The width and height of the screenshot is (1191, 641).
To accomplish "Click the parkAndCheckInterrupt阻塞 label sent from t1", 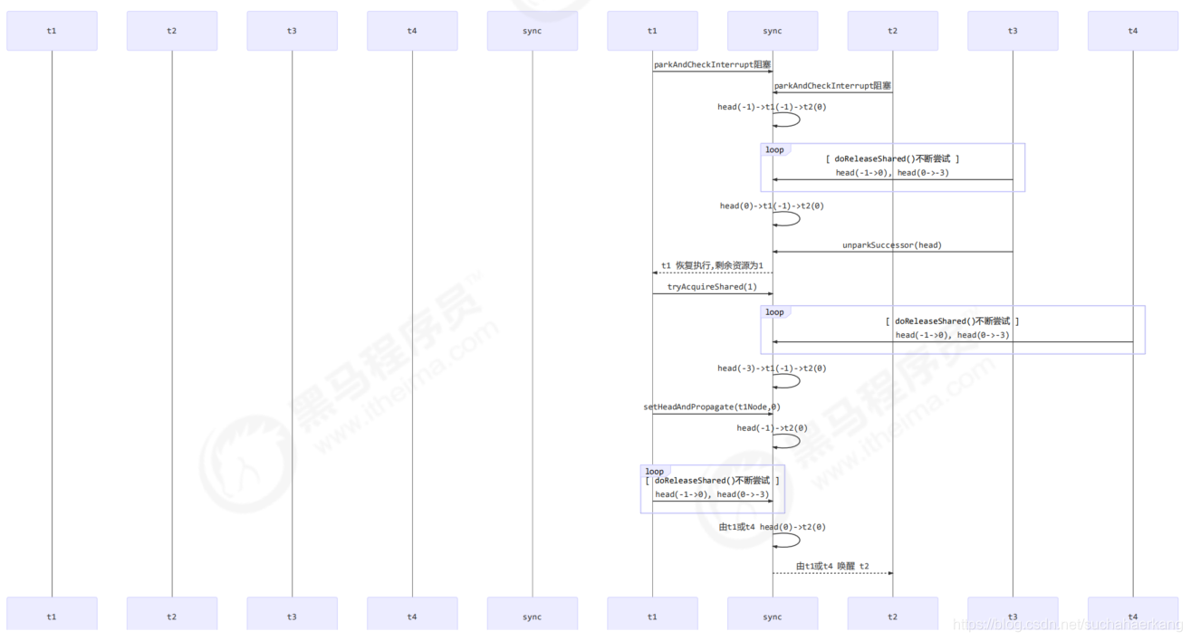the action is (x=712, y=64).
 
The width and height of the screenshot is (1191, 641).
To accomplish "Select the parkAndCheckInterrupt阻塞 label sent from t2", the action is (x=831, y=85).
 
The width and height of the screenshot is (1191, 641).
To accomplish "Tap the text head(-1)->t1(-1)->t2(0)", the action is (x=772, y=107).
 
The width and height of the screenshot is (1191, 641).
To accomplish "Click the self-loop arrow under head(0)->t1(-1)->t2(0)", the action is (x=788, y=218).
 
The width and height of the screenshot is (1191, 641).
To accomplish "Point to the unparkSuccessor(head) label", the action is (x=892, y=244).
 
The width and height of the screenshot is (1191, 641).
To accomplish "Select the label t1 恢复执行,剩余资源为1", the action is (x=712, y=265).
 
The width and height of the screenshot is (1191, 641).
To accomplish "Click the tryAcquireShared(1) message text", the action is (x=712, y=287).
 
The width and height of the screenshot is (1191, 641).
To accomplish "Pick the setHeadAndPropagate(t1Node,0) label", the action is (x=712, y=407).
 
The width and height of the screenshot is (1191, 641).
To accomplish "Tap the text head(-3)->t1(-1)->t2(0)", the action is (x=772, y=368).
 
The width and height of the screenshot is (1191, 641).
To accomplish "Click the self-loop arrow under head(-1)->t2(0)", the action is (x=788, y=441).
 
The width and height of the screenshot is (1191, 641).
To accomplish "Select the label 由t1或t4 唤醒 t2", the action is (x=832, y=566).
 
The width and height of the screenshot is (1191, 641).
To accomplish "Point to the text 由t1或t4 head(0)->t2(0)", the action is (x=772, y=527).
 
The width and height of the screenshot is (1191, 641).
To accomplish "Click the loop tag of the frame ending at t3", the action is (x=774, y=149).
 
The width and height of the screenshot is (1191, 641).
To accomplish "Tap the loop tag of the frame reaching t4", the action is (x=774, y=312).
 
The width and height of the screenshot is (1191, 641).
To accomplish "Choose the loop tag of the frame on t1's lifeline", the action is (x=654, y=472).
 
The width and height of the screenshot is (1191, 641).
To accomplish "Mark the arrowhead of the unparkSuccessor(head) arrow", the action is (x=776, y=252).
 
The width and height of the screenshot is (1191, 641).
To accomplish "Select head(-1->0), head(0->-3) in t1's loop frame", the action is (x=712, y=494).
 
